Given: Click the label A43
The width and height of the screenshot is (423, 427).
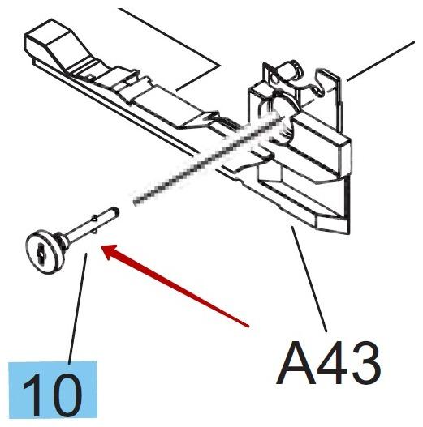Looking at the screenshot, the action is (328, 363).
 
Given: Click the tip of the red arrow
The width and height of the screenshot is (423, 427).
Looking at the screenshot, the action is (101, 247).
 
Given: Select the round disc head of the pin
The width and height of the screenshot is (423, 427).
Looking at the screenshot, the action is (43, 252).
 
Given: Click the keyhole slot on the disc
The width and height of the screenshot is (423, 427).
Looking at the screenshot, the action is (41, 254).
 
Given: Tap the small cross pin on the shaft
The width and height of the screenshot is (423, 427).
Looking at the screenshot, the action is (94, 224).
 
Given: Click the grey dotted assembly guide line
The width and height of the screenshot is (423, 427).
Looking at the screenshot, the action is (207, 160).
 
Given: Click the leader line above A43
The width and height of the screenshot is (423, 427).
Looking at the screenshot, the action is (309, 279).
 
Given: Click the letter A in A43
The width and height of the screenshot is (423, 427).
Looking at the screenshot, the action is (296, 364).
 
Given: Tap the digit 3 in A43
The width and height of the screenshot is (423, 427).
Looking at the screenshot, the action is (365, 363).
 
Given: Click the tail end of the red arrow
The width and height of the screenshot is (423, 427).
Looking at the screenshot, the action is (249, 326).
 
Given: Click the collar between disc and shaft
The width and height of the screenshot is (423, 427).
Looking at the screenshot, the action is (62, 240).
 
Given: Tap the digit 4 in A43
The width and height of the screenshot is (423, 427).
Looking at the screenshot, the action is (332, 363).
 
